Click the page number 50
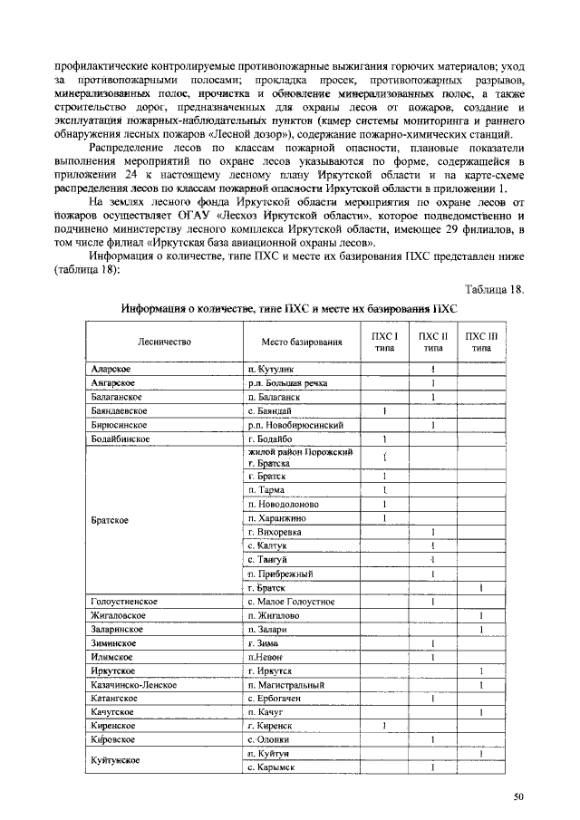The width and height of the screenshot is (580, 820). (518, 797)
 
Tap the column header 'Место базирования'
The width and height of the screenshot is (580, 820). (302, 342)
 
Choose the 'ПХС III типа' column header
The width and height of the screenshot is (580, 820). (480, 342)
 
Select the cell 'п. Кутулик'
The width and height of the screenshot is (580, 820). (272, 370)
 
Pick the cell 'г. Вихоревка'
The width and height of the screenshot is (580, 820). (276, 532)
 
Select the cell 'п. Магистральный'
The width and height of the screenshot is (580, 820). (285, 685)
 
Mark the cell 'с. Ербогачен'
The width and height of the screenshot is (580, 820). (279, 699)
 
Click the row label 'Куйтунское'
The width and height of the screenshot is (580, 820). (116, 760)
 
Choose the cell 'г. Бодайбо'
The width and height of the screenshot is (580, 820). (270, 439)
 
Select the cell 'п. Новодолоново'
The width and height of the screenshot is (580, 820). (283, 504)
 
